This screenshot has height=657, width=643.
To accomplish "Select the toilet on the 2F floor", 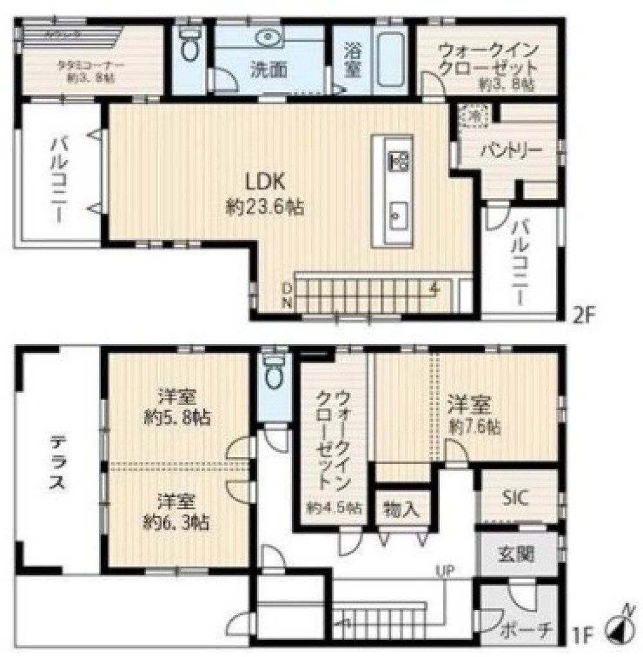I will point(188,44).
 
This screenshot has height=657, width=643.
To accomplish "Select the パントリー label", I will point(511,151).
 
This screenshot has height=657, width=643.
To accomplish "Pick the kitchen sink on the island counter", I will point(395,213).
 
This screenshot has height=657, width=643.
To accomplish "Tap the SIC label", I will point(516,498).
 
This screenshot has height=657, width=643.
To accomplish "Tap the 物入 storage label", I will point(401,510).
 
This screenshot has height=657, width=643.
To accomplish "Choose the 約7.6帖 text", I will point(476,427).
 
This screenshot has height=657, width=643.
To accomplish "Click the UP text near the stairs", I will point(444,570).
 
